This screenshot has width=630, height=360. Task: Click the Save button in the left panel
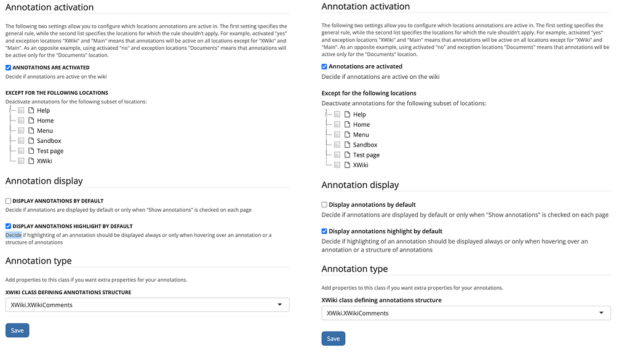[17, 330]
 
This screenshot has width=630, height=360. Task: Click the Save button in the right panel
[333, 338]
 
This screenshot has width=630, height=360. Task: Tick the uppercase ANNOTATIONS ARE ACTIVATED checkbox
[8, 68]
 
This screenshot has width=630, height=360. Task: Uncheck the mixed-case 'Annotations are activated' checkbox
[324, 66]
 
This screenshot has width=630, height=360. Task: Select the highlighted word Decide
[14, 235]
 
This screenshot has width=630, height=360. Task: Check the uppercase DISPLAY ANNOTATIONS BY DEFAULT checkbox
[8, 201]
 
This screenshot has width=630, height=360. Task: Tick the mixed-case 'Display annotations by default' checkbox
[324, 204]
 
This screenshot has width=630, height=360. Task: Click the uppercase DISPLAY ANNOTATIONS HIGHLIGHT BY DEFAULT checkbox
[8, 226]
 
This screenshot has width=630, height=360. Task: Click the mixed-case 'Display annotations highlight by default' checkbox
[324, 231]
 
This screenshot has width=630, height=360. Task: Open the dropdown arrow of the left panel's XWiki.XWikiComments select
[280, 305]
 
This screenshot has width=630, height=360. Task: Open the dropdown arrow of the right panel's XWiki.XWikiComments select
[602, 313]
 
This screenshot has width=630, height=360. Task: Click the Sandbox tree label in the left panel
[49, 141]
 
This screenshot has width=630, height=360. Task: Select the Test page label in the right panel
[366, 155]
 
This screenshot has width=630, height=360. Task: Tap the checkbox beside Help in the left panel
[21, 111]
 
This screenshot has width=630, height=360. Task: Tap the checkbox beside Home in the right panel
[337, 124]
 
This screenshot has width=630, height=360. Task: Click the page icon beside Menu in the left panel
[31, 130]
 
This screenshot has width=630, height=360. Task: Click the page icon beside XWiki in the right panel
[347, 165]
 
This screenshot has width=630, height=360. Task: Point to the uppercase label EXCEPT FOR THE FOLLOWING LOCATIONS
[57, 93]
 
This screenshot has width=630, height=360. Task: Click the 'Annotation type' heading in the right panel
[354, 269]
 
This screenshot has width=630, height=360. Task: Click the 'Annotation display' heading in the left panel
[44, 181]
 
